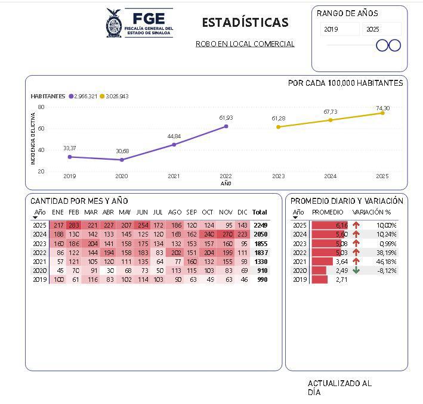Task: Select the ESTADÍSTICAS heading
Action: click(245, 23)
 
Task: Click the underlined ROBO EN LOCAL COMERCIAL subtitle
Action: click(245, 44)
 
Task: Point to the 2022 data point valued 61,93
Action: click(226, 126)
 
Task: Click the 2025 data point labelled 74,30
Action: click(382, 113)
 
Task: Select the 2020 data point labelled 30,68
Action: click(122, 160)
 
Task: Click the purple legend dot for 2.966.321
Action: click(71, 96)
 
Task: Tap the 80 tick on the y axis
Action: click(41, 107)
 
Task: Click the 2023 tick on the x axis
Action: click(278, 176)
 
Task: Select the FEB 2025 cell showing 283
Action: click(74, 225)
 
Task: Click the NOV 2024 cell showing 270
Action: click(226, 234)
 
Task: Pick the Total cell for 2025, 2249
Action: click(260, 225)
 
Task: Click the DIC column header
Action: click(242, 212)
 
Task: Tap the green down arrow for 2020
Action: click(356, 270)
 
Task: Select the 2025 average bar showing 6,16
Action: click(330, 225)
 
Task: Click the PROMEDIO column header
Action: click(328, 212)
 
